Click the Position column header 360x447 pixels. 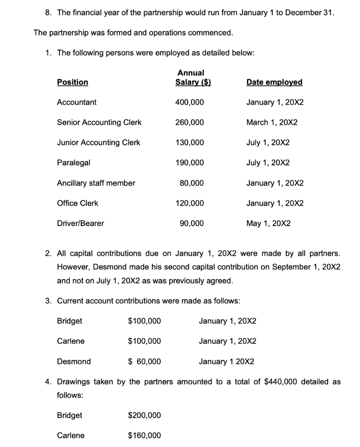point(72,82)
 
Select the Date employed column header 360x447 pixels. point(274,82)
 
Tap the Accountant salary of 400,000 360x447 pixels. point(189,102)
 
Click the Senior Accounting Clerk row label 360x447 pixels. point(99,122)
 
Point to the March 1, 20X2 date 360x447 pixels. point(272,122)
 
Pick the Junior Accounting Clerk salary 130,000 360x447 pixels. point(189,142)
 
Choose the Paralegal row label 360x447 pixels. point(74,162)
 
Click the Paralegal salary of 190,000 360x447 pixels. point(189,162)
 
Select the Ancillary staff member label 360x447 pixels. point(96,183)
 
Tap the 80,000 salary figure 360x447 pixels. point(192,183)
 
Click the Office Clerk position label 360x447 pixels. point(78,203)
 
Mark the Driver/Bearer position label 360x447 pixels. point(81,223)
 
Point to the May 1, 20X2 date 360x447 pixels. point(268,223)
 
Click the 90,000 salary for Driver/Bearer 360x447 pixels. point(192,223)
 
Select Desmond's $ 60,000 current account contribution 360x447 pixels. point(144,361)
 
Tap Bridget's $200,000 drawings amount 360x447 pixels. point(144,415)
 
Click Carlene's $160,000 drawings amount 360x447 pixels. point(144,435)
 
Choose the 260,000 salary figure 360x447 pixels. point(189,122)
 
